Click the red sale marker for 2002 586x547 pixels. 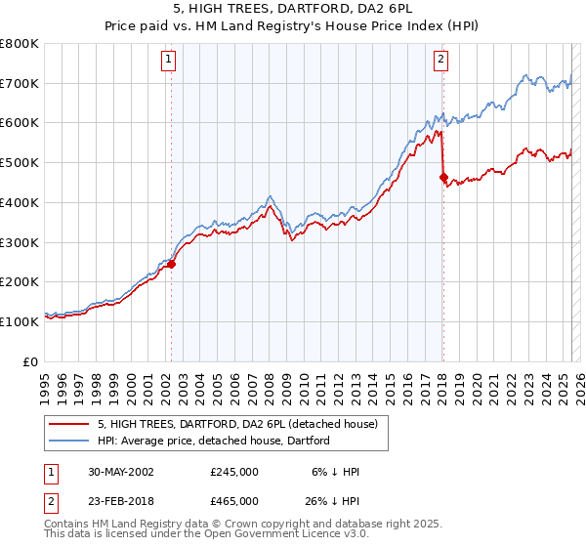click(x=171, y=264)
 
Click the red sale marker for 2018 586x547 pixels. click(x=443, y=177)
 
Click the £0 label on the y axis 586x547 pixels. click(x=29, y=360)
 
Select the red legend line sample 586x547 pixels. click(x=69, y=424)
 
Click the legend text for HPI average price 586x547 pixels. click(x=213, y=441)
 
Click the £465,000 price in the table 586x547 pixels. click(x=234, y=501)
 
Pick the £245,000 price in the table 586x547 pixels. click(x=234, y=472)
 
